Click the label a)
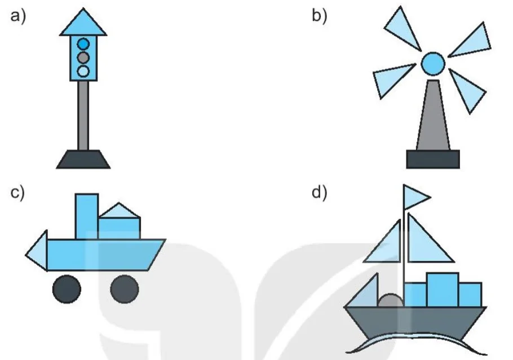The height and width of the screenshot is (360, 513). [18, 16]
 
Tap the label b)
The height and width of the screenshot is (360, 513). [319, 16]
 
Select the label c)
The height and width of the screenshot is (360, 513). [17, 193]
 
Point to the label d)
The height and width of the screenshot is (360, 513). [319, 193]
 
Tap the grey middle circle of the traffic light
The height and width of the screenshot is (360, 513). [83, 57]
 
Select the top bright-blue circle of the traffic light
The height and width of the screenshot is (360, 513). [83, 44]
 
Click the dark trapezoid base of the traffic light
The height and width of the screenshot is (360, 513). [83, 159]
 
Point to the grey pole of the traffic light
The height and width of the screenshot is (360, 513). [83, 115]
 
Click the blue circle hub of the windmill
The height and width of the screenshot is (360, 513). [433, 64]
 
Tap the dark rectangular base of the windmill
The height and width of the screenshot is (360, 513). [433, 159]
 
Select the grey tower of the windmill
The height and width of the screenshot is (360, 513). [433, 115]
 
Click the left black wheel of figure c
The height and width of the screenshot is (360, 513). [67, 289]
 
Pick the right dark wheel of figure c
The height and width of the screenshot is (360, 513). [125, 289]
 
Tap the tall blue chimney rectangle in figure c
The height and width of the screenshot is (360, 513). [87, 216]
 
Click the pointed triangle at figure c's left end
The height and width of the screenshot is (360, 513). [37, 251]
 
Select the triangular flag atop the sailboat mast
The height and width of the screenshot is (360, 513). [415, 197]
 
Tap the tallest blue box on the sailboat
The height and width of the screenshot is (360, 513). [443, 290]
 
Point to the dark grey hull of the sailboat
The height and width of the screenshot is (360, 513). [415, 322]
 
